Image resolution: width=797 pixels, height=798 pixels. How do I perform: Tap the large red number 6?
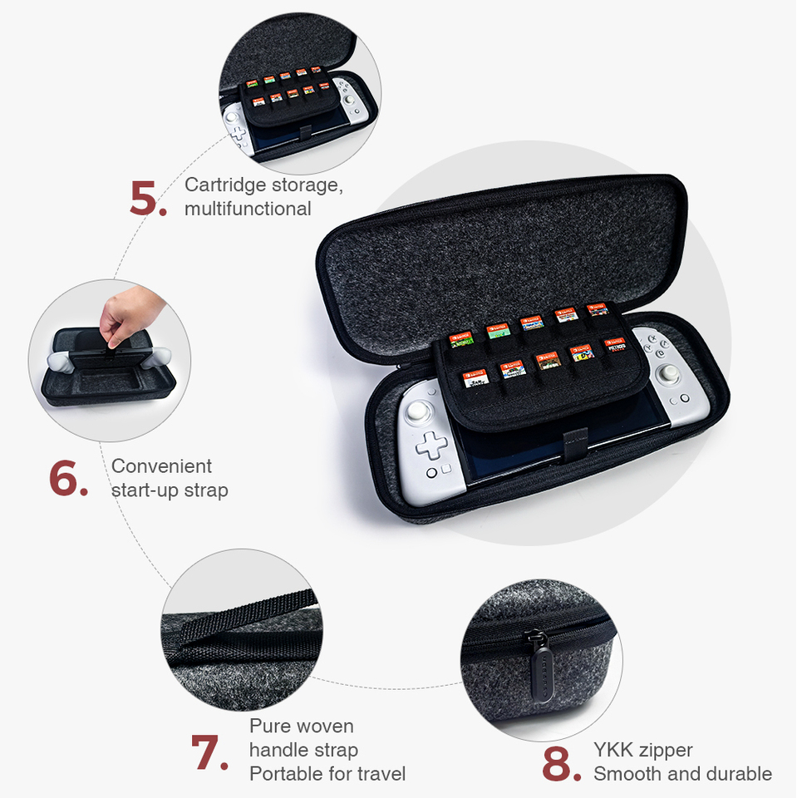[68, 479]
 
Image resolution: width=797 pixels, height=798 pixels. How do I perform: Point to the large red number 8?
[561, 763]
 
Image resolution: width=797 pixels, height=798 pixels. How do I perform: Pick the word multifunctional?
[248, 209]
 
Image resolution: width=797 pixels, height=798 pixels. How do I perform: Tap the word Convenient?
[161, 466]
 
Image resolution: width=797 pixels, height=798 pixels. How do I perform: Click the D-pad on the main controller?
[431, 446]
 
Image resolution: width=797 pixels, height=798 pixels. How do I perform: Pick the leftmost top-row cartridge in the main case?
[460, 338]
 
